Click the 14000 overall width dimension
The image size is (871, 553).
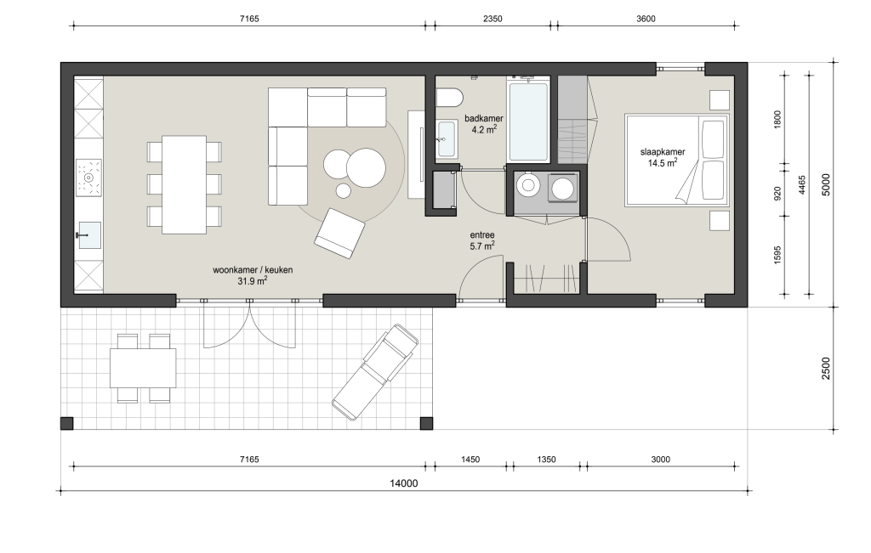(403, 483)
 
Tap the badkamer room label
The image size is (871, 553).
(484, 118)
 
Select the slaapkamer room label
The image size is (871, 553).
(663, 152)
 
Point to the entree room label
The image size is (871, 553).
(481, 235)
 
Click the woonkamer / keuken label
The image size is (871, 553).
(253, 270)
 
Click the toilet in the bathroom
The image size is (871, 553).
(449, 97)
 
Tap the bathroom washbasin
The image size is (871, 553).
(447, 139)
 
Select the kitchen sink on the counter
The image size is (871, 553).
(88, 235)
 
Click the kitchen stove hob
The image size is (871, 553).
(88, 178)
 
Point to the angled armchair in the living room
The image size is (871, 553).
(339, 234)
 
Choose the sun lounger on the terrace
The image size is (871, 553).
(375, 372)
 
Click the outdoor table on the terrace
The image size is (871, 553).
(143, 368)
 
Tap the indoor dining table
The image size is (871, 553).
(184, 184)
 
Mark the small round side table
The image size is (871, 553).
(344, 191)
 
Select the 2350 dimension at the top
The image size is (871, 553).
(492, 19)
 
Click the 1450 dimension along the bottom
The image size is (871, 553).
(470, 460)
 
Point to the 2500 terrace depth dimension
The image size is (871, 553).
(826, 369)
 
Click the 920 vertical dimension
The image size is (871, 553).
(777, 194)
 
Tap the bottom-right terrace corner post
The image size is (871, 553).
(426, 423)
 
